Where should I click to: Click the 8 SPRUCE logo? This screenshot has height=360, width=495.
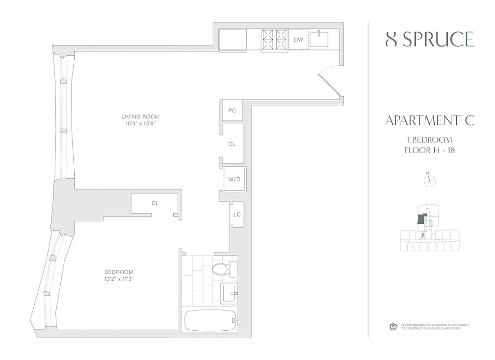[430, 40]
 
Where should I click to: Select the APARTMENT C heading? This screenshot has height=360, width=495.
[430, 121]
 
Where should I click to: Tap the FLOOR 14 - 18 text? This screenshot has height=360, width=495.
[429, 150]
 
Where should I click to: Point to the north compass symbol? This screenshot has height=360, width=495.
[430, 180]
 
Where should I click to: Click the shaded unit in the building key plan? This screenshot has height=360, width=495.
[420, 219]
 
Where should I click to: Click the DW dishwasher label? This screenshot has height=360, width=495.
[298, 40]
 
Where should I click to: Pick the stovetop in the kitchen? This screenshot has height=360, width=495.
[274, 39]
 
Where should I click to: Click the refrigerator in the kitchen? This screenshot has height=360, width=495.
[232, 40]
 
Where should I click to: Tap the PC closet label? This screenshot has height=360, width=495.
[232, 111]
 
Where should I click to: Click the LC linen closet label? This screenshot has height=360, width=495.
[237, 214]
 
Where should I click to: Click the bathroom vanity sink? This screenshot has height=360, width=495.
[229, 292]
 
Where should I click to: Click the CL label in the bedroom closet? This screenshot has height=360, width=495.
[155, 203]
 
